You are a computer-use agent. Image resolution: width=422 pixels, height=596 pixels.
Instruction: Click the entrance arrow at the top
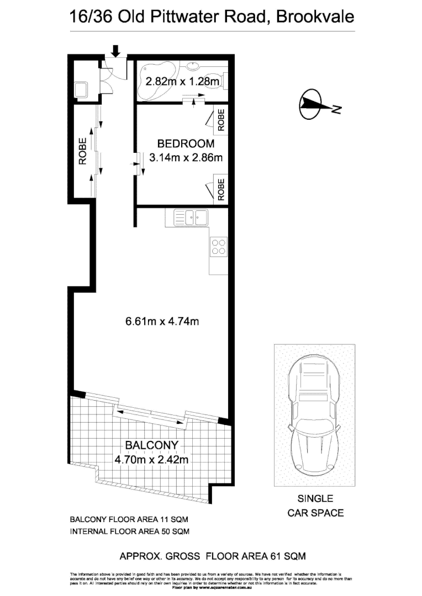point(115,51)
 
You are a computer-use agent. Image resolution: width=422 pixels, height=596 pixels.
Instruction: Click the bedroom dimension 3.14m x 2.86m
point(186,158)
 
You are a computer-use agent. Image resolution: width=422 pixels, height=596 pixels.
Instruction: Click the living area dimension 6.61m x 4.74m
point(162,320)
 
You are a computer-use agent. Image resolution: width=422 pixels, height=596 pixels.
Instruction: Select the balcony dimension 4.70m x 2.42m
point(152,459)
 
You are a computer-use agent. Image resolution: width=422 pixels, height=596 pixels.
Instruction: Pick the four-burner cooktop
point(219,246)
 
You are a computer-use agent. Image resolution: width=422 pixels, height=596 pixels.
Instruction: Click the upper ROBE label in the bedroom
point(221,120)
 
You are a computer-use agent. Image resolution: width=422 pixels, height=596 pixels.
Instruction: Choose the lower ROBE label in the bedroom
point(221,189)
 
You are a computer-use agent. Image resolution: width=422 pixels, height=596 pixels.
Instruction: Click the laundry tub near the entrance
point(81,88)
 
